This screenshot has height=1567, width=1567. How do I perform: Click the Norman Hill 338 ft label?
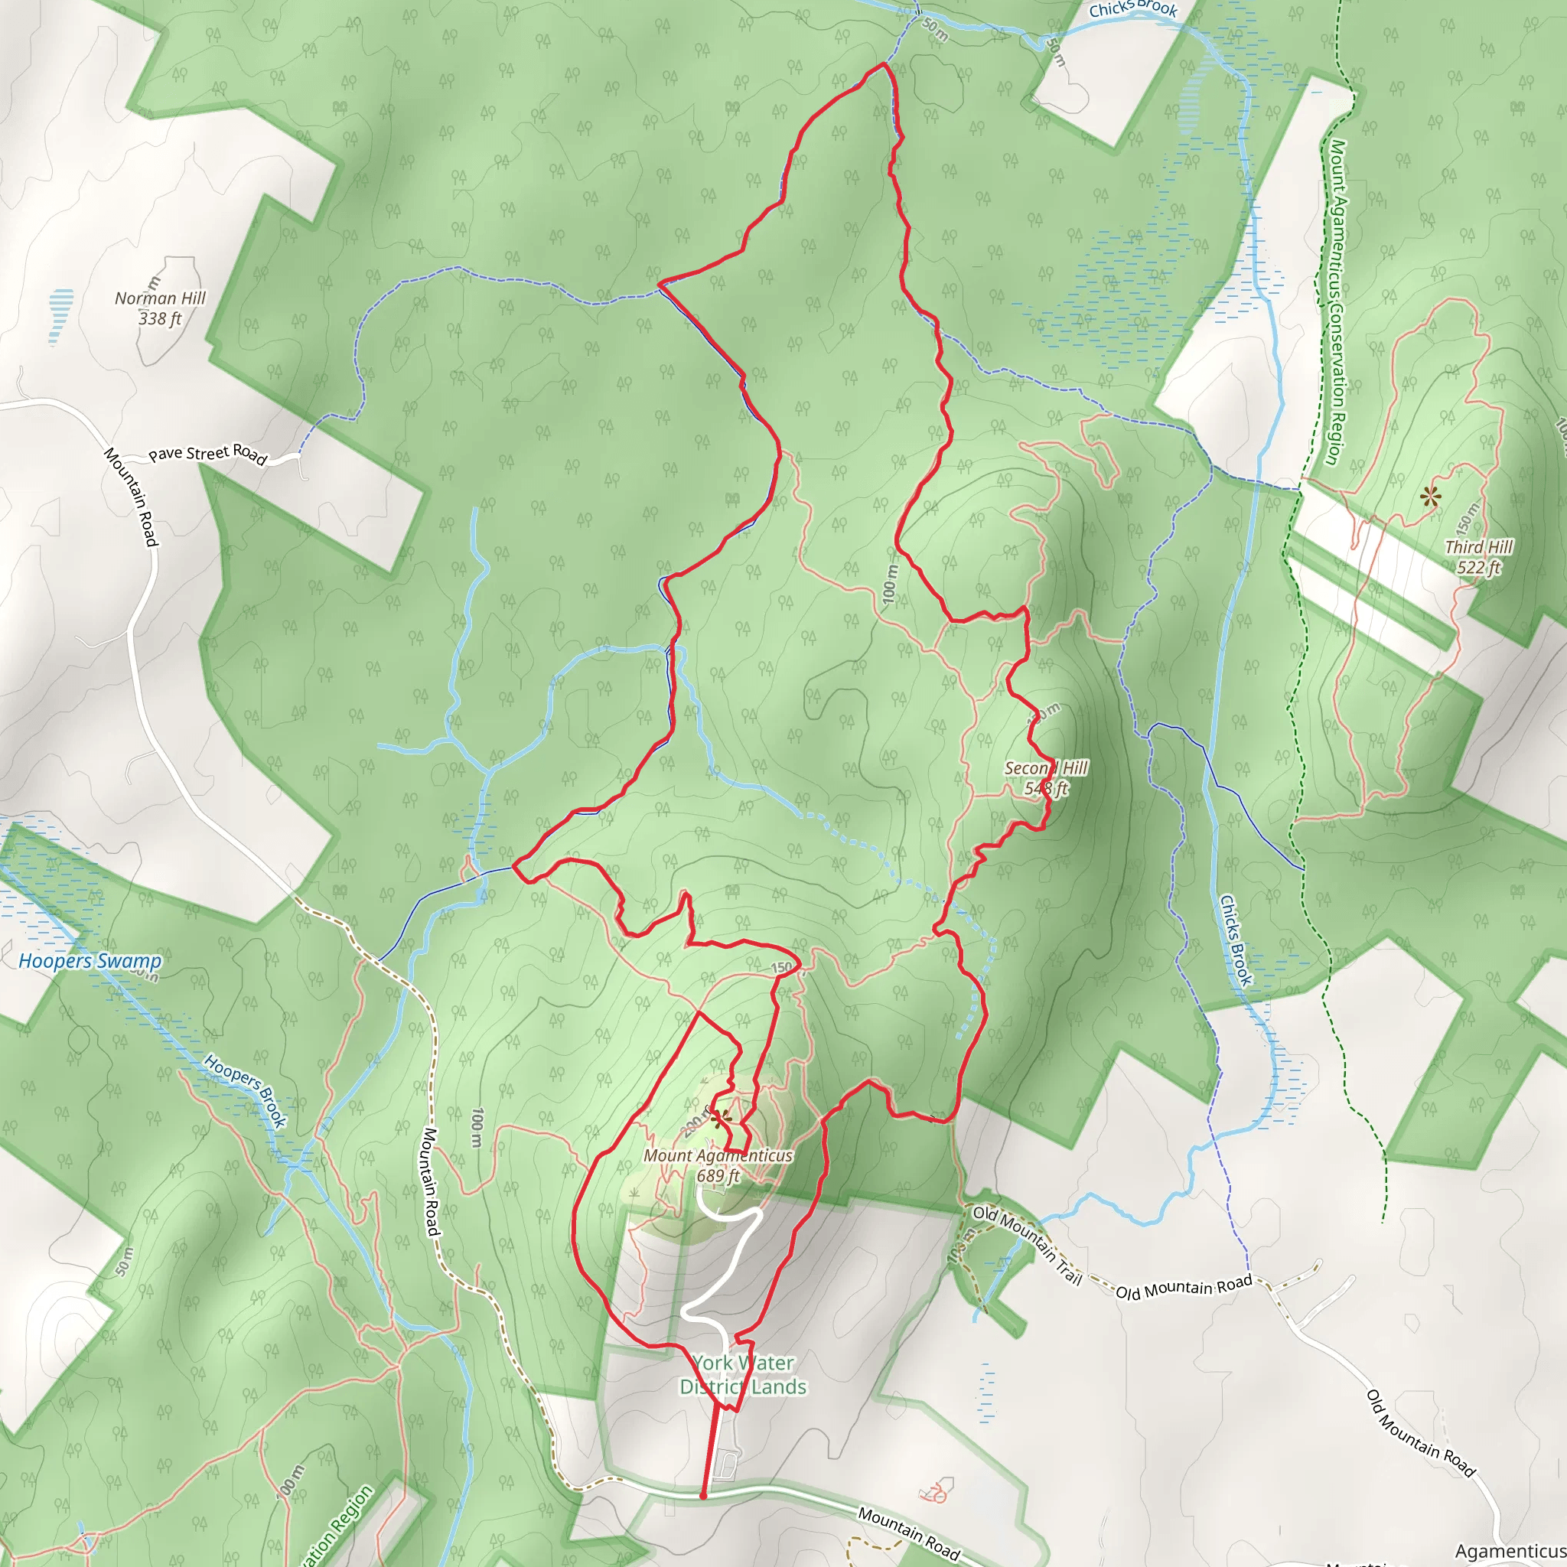point(160,308)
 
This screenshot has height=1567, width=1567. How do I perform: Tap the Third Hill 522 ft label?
point(1477,557)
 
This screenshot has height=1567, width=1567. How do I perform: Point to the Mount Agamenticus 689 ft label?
point(718,1165)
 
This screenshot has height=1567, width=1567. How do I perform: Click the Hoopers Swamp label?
point(90,961)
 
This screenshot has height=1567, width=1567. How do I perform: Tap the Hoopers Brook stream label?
point(245,1090)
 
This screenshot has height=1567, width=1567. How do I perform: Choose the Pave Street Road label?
point(207,454)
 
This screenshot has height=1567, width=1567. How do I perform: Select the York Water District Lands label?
point(743,1375)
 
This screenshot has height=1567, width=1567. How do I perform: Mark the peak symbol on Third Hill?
point(1431,497)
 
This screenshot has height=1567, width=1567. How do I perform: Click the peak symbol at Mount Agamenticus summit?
point(718,1119)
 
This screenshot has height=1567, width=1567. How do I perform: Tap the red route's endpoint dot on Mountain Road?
point(703,1496)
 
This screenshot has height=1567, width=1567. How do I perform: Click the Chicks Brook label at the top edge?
point(1132,9)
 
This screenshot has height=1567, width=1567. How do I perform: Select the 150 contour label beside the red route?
point(781,968)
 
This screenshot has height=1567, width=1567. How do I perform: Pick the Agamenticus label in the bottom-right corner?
point(1510,1552)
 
